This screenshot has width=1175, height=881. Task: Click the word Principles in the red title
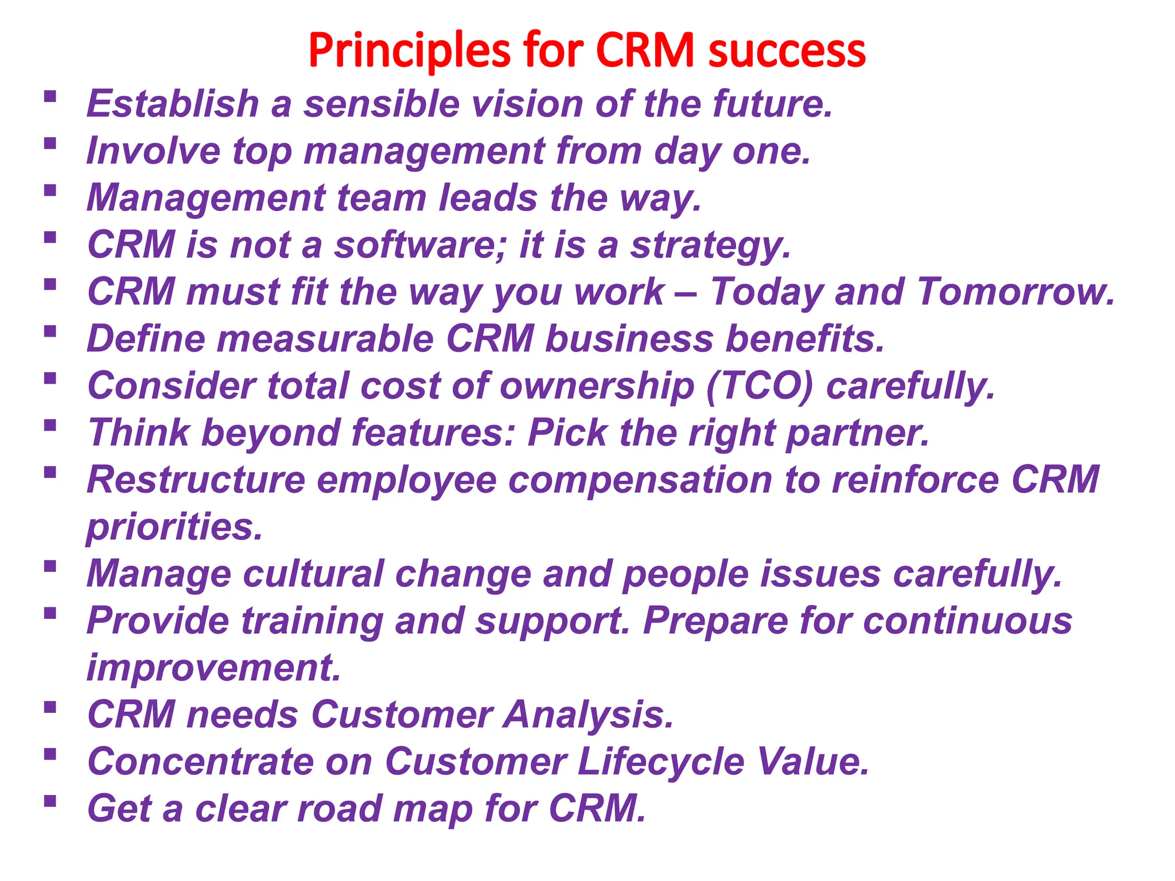click(x=409, y=50)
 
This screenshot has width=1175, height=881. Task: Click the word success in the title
click(x=787, y=50)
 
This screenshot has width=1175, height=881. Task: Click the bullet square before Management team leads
click(x=50, y=190)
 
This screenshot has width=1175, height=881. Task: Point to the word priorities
click(x=174, y=528)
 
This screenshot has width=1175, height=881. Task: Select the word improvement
click(x=213, y=668)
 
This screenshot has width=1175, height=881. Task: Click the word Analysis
click(x=588, y=715)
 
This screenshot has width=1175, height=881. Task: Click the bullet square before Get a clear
click(x=50, y=801)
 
